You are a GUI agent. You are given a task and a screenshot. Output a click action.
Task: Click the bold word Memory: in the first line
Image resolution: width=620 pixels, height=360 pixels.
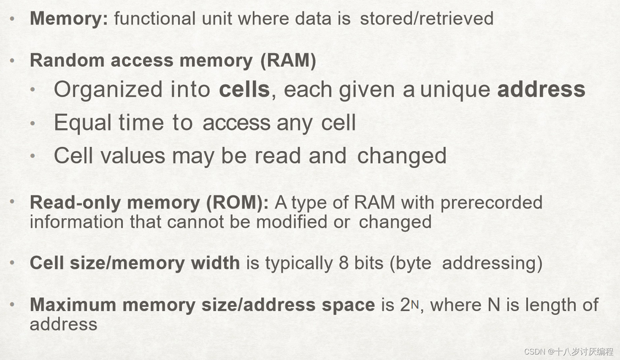[x=69, y=19]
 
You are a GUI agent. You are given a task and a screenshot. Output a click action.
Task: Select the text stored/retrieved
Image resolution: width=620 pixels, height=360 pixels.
[x=426, y=19]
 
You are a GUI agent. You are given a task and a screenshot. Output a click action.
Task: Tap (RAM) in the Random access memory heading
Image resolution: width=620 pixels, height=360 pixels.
[x=288, y=60]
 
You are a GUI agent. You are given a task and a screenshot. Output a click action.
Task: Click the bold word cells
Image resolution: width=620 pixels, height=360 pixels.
[x=244, y=89]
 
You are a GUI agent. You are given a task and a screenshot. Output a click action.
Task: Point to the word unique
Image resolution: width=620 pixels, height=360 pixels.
[x=455, y=90]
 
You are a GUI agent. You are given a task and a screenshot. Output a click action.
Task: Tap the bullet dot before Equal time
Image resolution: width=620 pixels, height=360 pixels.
[x=33, y=123]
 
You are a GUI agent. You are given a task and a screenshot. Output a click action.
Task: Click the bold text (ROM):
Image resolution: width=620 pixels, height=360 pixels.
[x=237, y=203]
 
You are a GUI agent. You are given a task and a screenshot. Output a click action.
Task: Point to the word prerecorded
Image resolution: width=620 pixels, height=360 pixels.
[x=491, y=203]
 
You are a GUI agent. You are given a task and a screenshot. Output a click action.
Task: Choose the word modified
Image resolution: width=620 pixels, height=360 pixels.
[x=292, y=222]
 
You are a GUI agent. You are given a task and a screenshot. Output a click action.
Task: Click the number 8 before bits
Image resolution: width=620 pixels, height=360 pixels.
[x=344, y=263]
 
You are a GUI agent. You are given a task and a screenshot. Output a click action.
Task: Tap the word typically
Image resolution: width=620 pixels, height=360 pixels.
[x=299, y=263]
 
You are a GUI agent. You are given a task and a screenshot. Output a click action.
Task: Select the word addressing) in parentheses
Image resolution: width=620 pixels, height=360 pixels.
[x=492, y=263]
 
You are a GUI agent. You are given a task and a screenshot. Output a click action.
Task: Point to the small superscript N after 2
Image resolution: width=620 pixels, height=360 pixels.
[x=415, y=305]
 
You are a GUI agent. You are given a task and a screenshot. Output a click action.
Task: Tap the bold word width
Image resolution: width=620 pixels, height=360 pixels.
[x=215, y=263]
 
